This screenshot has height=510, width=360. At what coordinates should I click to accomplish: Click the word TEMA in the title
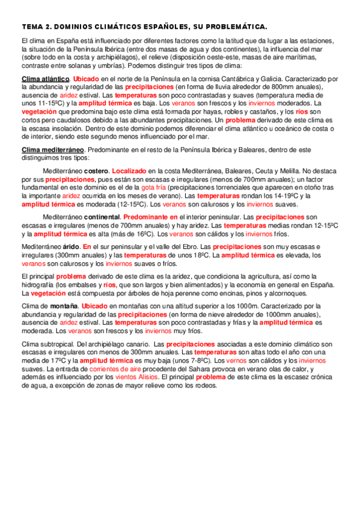(30, 27)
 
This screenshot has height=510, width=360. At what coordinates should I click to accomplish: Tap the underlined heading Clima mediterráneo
(53, 149)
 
